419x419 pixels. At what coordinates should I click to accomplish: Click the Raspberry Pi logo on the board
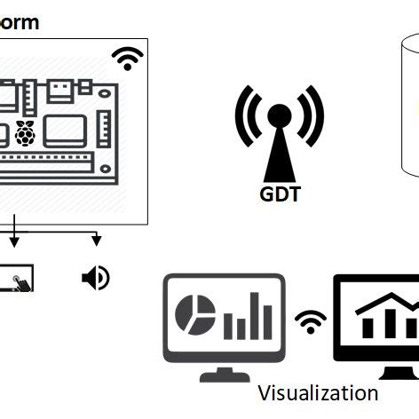[24, 133]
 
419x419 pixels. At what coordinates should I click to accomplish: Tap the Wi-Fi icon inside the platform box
[129, 59]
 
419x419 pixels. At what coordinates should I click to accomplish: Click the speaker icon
[95, 278]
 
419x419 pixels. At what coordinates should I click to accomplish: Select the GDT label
[278, 193]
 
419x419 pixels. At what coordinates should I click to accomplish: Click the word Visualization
[318, 392]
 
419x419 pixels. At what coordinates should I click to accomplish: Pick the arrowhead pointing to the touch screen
[14, 241]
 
